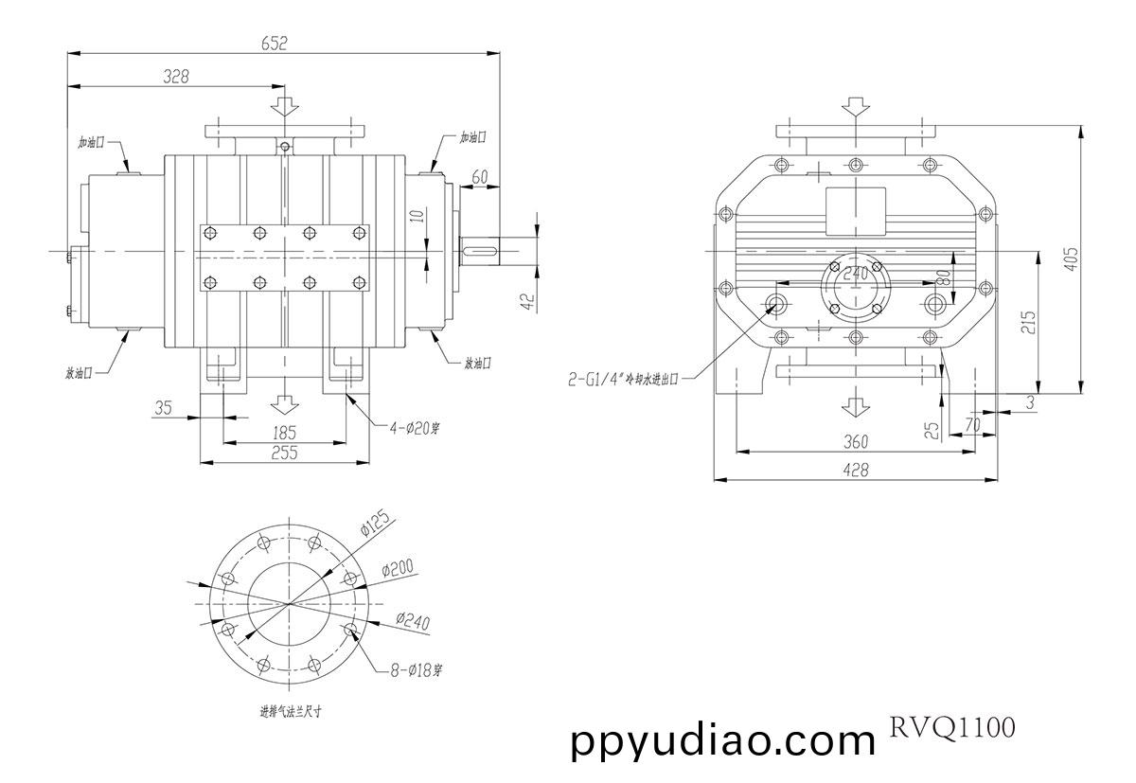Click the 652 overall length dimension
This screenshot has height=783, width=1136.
click(x=274, y=43)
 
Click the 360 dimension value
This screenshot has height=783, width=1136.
click(x=855, y=441)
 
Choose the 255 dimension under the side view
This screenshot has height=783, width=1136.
click(x=283, y=453)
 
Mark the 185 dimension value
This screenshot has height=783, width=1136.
click(x=283, y=432)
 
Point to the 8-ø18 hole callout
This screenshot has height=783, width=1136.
click(x=417, y=669)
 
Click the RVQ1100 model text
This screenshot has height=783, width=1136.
click(x=950, y=728)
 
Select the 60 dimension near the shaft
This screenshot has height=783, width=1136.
click(x=480, y=177)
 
